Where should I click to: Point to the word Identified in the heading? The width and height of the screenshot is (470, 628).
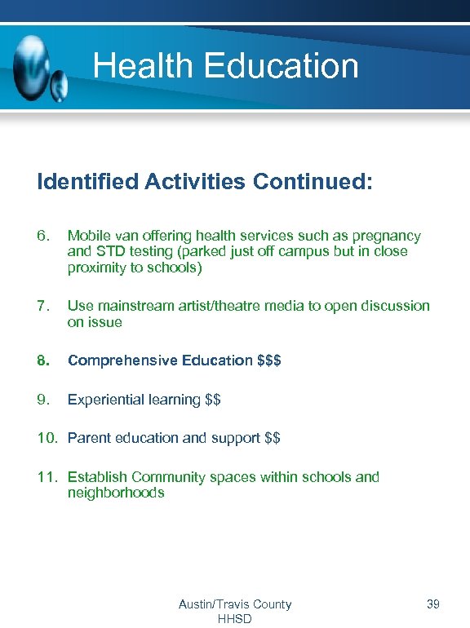(87, 181)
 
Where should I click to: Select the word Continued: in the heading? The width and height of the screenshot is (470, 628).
(313, 181)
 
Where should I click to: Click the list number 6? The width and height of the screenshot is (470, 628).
(43, 236)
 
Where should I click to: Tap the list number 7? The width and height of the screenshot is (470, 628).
(43, 306)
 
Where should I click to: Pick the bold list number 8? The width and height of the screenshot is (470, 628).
(43, 360)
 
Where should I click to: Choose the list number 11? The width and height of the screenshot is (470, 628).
(47, 477)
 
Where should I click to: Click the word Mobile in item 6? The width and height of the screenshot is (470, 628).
(87, 236)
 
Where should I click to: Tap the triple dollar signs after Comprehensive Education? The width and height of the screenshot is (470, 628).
(269, 360)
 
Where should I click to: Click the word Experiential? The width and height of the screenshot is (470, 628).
(106, 400)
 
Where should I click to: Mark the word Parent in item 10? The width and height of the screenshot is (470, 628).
(88, 438)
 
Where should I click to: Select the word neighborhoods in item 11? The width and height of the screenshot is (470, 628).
(116, 493)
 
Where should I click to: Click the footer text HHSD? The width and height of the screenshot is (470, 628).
(235, 619)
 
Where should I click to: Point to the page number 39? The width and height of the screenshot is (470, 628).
(432, 604)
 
